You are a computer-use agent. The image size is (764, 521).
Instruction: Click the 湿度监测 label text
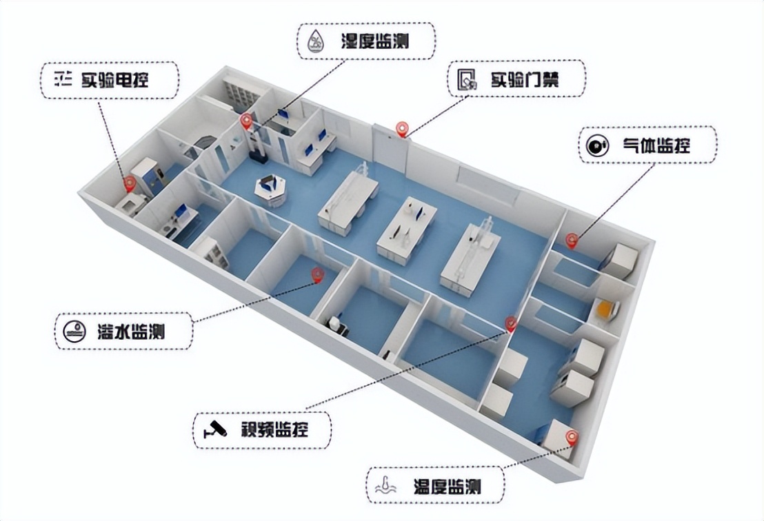click(374, 41)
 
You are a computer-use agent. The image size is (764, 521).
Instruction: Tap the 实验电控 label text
click(115, 79)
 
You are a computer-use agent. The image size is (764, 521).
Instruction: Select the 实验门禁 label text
click(525, 79)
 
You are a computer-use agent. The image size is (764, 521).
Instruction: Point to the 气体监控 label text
click(656, 145)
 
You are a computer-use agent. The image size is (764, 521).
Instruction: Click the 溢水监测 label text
click(131, 331)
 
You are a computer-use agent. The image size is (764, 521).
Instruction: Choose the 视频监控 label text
click(275, 430)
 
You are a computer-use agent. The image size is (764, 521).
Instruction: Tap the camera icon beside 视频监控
click(215, 429)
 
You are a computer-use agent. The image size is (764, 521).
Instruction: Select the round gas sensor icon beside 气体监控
click(598, 145)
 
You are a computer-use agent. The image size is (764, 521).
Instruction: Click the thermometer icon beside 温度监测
click(386, 485)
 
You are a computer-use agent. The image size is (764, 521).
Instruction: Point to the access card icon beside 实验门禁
click(467, 79)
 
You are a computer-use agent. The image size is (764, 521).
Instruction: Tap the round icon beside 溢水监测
click(74, 331)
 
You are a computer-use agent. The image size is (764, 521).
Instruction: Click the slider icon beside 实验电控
click(63, 79)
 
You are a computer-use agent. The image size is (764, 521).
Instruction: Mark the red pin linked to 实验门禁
click(401, 129)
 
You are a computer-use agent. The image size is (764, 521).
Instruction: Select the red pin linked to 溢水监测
click(318, 276)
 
